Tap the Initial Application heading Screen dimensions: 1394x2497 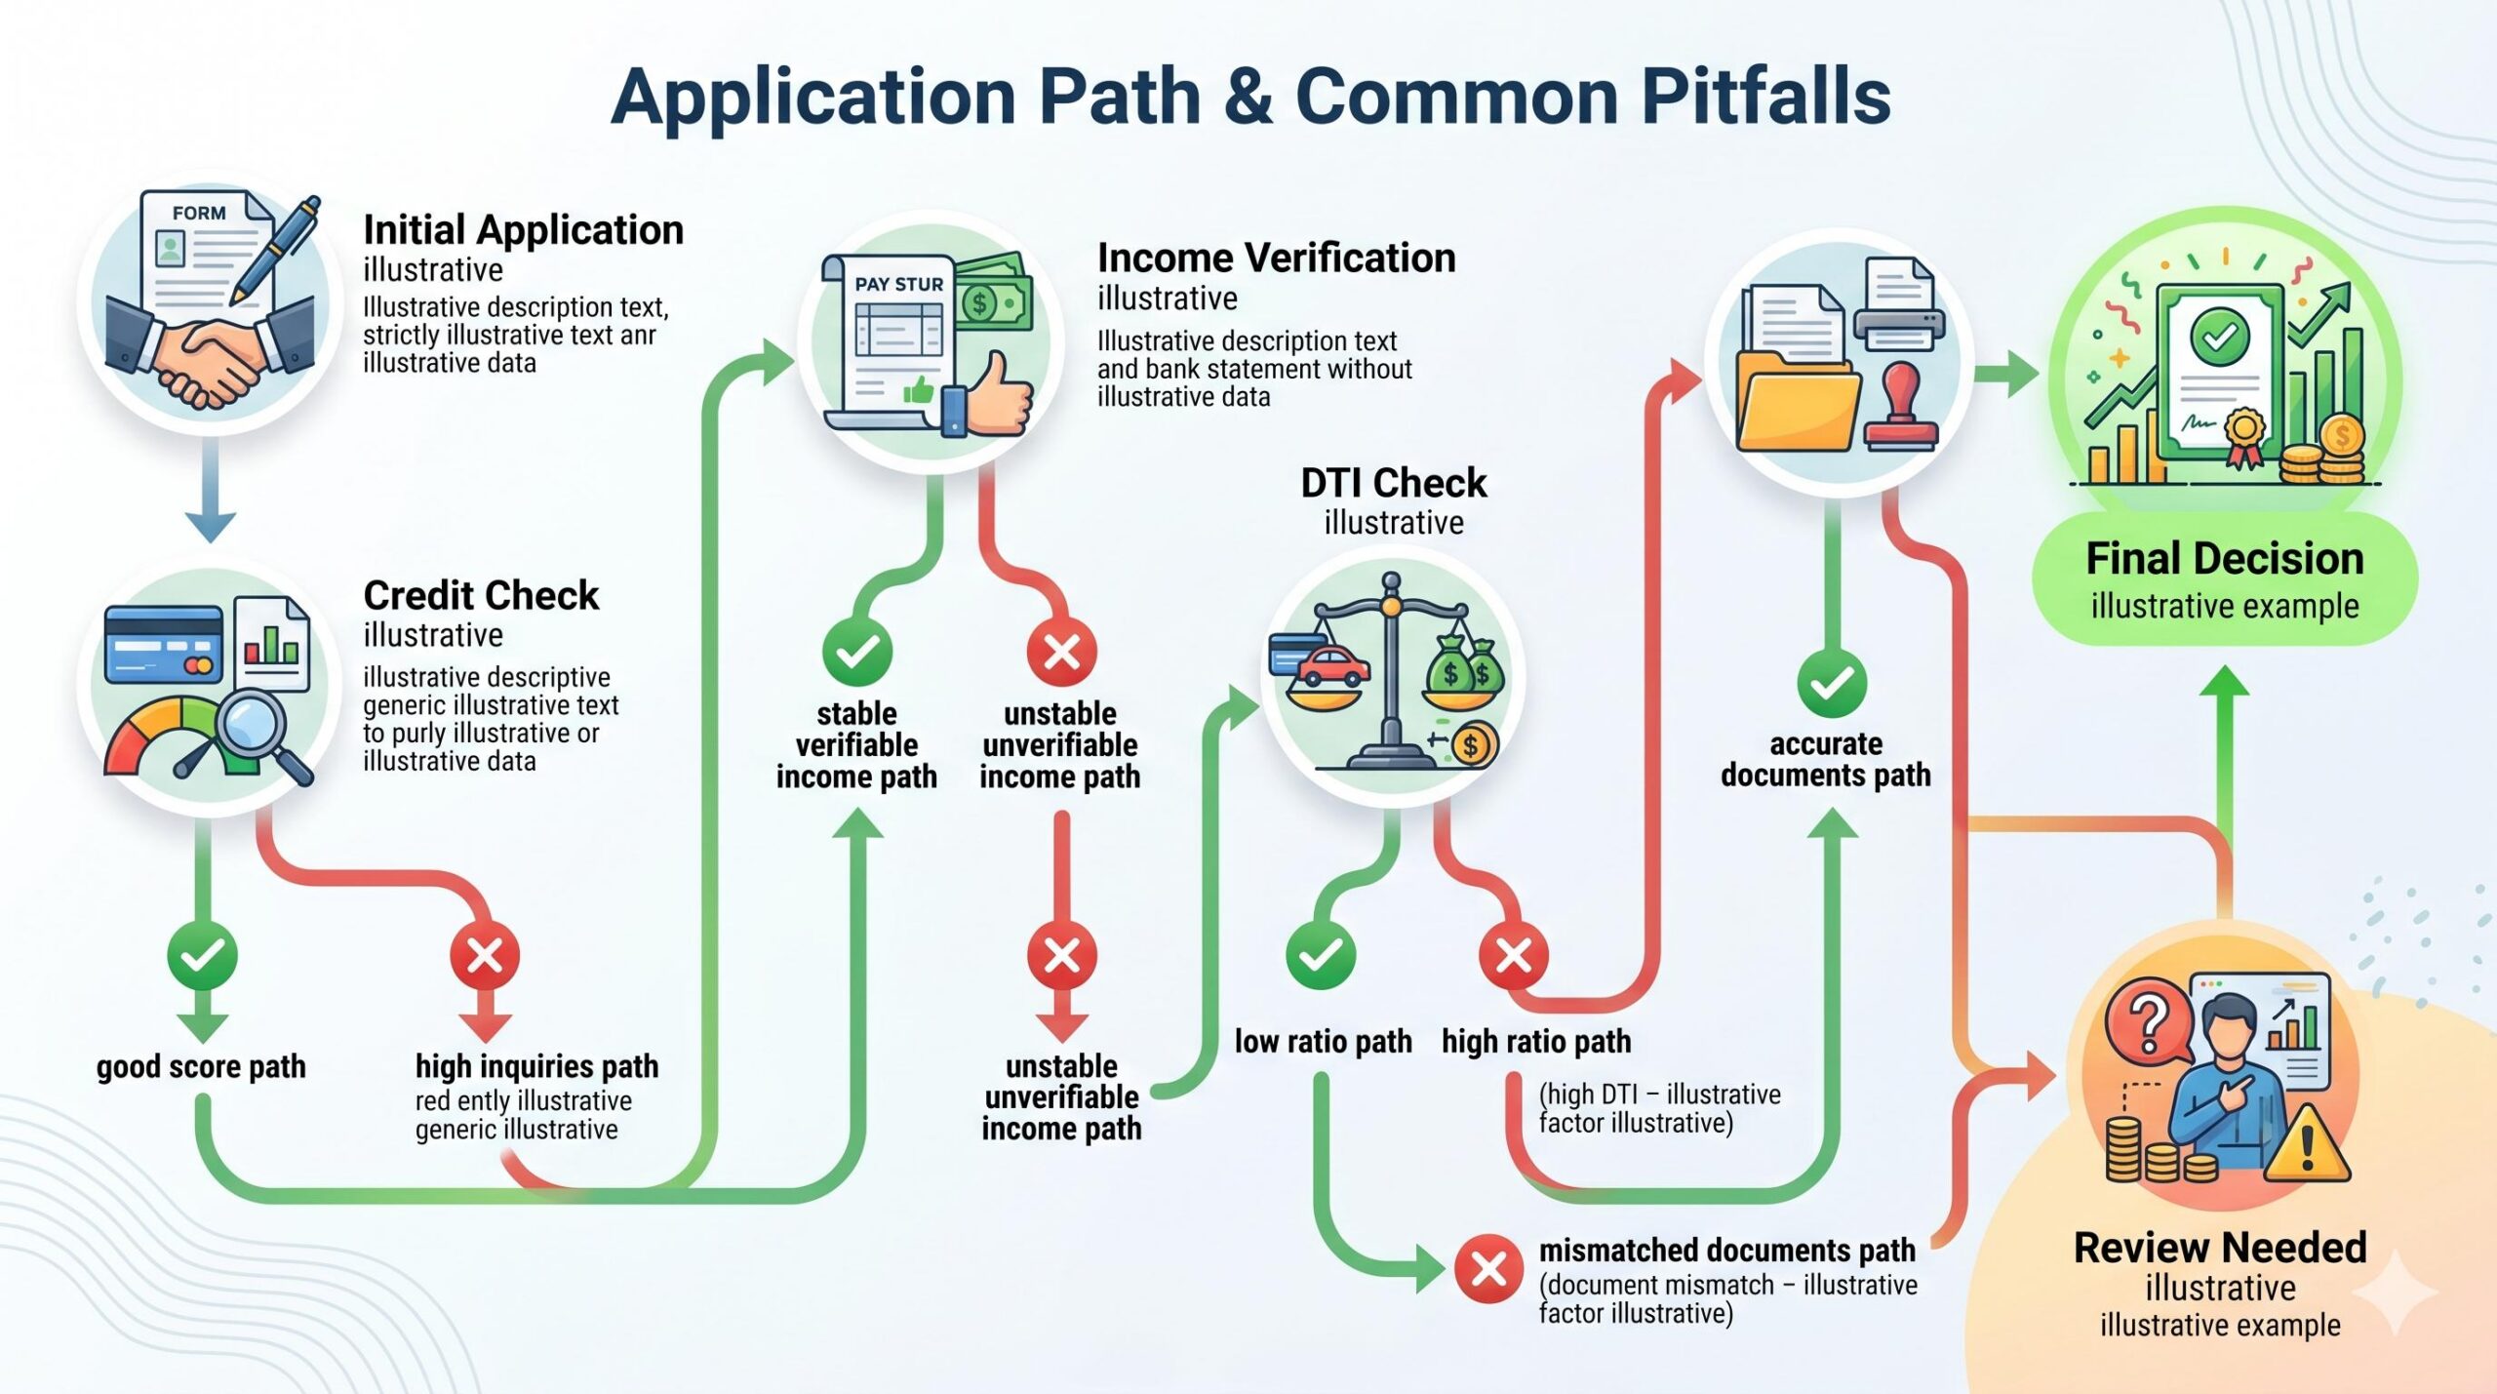[x=523, y=230]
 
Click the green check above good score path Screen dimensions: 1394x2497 [x=202, y=955]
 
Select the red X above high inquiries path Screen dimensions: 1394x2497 [x=485, y=955]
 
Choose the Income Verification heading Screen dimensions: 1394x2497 [x=1276, y=259]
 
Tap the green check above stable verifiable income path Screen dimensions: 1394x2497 [x=857, y=652]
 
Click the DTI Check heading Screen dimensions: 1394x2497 [x=1393, y=483]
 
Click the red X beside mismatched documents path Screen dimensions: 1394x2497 [x=1488, y=1269]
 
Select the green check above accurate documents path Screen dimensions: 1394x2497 [x=1832, y=683]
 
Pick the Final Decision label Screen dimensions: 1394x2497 [x=2224, y=560]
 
